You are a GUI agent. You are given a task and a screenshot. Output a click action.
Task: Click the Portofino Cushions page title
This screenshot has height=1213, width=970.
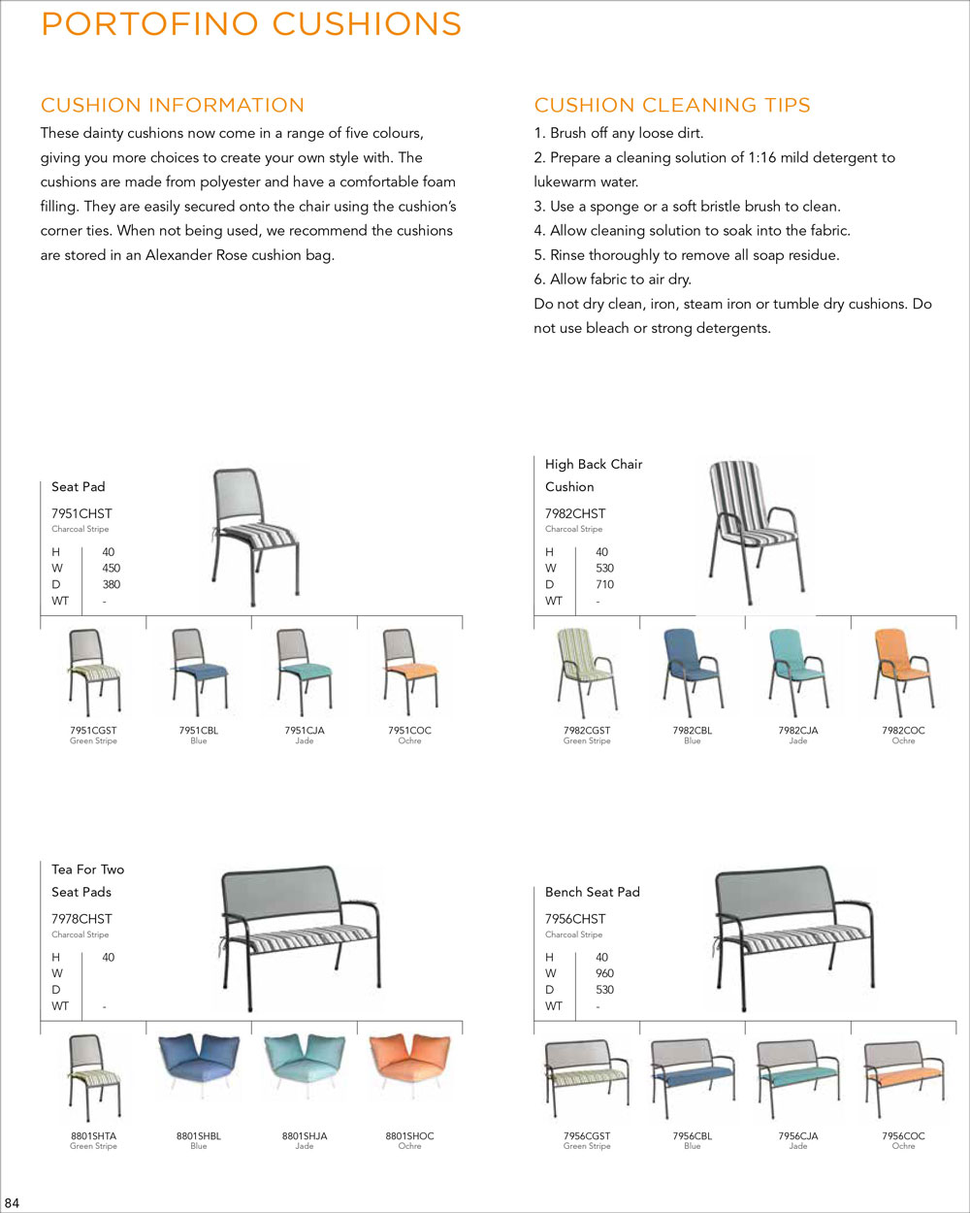[x=251, y=24]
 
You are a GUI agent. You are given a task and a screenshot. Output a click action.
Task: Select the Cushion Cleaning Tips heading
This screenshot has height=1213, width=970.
[x=672, y=105]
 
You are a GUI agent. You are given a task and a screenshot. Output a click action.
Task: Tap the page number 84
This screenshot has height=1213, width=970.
[x=13, y=1203]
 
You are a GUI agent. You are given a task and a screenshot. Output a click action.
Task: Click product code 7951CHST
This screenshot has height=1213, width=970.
[x=81, y=513]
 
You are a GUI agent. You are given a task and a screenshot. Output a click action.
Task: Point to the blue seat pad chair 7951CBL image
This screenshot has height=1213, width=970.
[x=199, y=671]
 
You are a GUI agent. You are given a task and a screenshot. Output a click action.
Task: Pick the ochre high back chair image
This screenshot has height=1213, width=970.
[x=903, y=671]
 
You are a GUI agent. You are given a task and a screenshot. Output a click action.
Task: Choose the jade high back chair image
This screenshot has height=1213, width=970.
[x=797, y=671]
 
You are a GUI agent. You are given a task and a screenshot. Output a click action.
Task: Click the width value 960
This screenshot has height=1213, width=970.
[x=604, y=973]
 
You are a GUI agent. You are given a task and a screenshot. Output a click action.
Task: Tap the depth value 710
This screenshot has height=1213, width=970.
[x=604, y=584]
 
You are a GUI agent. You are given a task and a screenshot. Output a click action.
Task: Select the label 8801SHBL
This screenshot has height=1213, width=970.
[x=199, y=1135]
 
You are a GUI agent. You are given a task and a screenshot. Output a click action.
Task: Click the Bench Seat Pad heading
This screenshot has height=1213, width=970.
[x=592, y=892]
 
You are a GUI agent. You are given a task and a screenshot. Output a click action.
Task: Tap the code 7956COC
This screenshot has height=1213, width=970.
[x=903, y=1135]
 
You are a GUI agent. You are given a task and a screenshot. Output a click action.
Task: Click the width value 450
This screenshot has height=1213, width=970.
[x=111, y=568]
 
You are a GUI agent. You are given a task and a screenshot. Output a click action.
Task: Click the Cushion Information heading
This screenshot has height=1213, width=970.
[x=173, y=105]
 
